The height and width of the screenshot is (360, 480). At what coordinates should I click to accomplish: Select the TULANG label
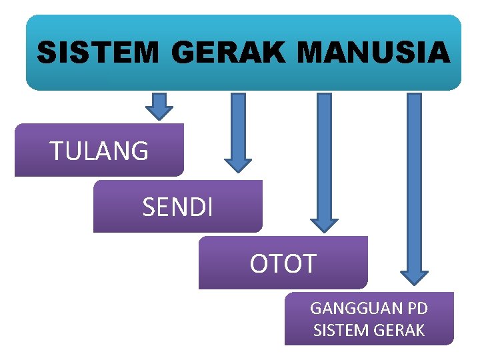pyautogui.click(x=99, y=151)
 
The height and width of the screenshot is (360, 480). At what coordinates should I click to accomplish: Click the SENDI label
pyautogui.click(x=178, y=207)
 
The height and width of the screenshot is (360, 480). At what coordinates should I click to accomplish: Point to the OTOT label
pyautogui.click(x=283, y=264)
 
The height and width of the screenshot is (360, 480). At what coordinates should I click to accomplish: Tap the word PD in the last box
pyautogui.click(x=417, y=309)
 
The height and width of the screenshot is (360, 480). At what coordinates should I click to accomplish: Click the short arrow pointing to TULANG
pyautogui.click(x=159, y=105)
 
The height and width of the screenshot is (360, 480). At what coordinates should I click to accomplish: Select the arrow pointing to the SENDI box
pyautogui.click(x=238, y=130)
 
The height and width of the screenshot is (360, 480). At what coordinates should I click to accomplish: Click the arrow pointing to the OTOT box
pyautogui.click(x=324, y=160)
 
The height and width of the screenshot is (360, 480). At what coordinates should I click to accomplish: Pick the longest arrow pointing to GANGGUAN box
pyautogui.click(x=414, y=187)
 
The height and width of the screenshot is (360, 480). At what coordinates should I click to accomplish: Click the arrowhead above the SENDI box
pyautogui.click(x=238, y=164)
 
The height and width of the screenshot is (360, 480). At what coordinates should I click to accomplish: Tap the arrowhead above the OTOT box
pyautogui.click(x=324, y=224)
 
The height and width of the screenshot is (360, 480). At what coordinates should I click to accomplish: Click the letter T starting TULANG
pyautogui.click(x=56, y=152)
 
